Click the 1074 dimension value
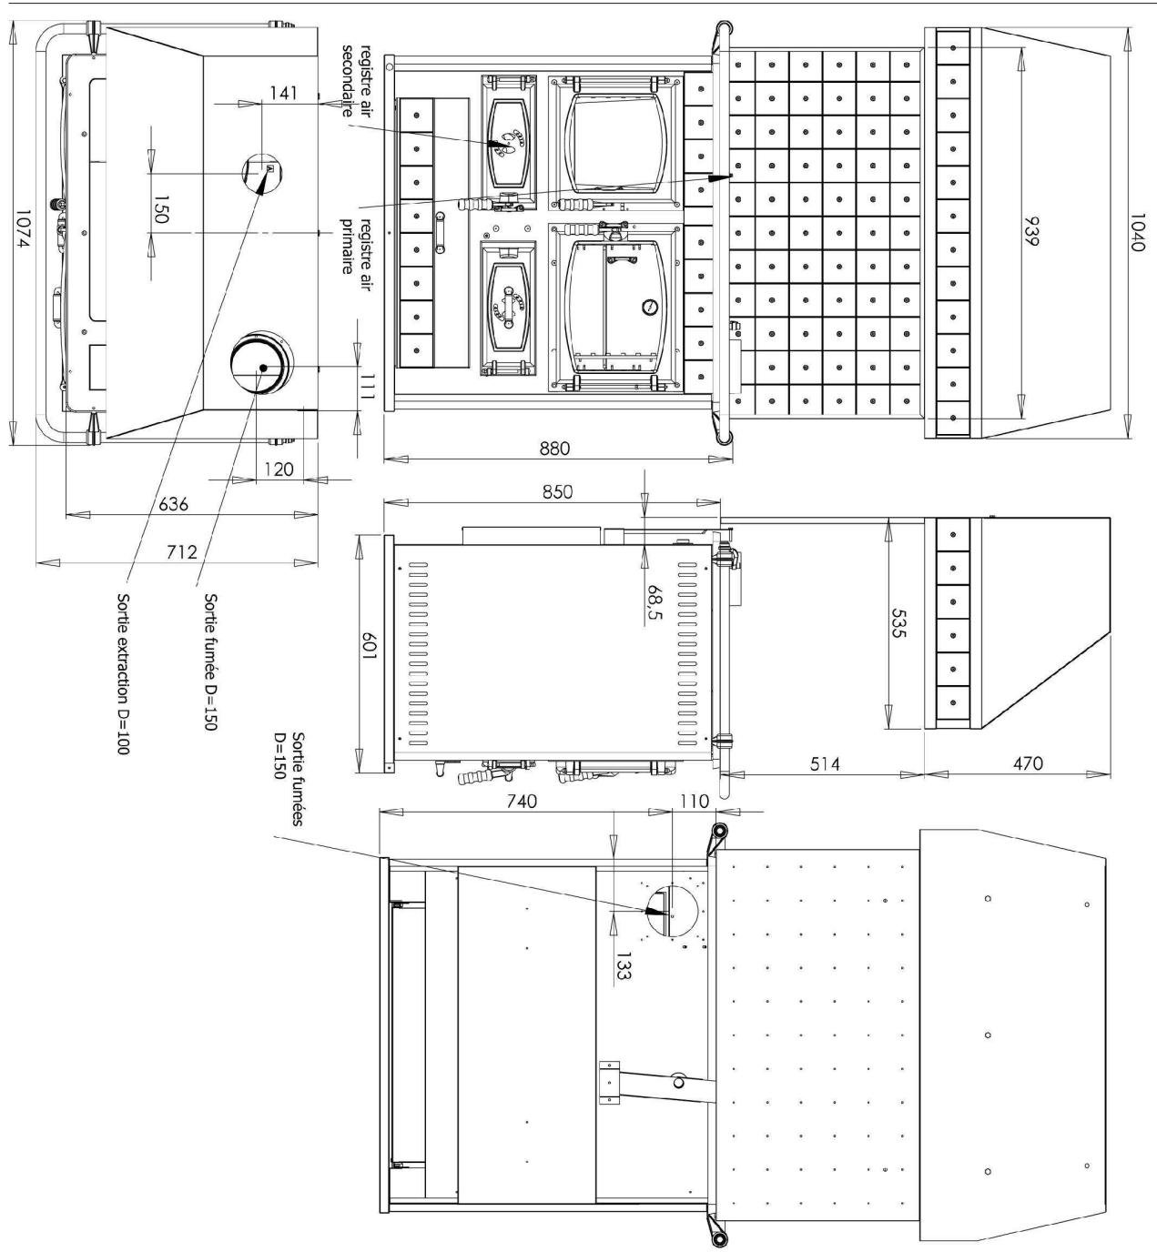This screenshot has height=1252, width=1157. pos(22,231)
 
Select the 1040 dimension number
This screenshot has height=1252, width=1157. pos(1136,231)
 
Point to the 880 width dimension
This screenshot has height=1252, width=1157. pos(554,449)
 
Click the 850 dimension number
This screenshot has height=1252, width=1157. pos(558,491)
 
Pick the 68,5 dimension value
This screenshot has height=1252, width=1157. pos(655,602)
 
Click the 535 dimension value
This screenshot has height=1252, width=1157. pos(898,622)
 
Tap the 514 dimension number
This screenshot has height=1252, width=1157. pos(825,764)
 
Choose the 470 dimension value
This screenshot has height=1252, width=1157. pos(1028,763)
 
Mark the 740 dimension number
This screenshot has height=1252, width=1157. pos(522,801)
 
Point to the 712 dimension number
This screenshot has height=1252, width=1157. pos(182,552)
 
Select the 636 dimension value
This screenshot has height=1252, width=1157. pos(173,504)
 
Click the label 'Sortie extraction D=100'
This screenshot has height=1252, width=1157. pos(123,674)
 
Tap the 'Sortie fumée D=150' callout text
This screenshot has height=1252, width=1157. pos(210,661)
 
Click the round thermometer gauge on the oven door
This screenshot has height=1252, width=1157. pos(647,308)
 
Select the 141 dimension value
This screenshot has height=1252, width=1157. pos(283,94)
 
